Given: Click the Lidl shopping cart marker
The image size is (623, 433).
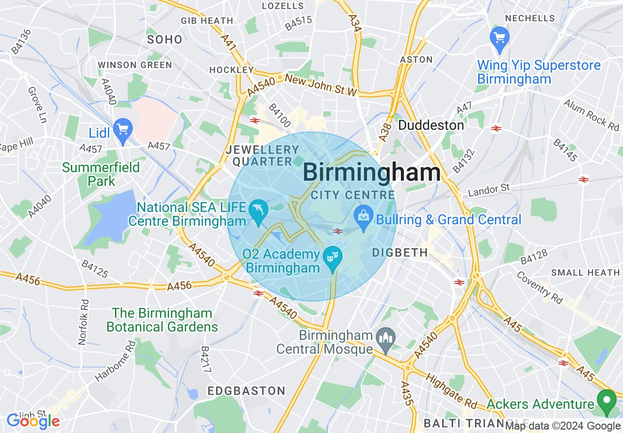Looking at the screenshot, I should pyautogui.click(x=122, y=129).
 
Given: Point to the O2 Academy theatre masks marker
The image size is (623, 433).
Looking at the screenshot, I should pyautogui.click(x=333, y=257).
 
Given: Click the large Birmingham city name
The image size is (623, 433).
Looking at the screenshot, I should pyautogui.click(x=371, y=173).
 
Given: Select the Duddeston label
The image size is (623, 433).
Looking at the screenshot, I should pyautogui.click(x=431, y=125).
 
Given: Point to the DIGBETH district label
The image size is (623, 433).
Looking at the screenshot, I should pyautogui.click(x=400, y=252).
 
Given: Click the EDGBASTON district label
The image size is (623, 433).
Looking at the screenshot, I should pyautogui.click(x=246, y=391).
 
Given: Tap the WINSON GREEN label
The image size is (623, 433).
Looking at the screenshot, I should pyautogui.click(x=135, y=65).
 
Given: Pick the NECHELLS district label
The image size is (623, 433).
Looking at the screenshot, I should pyautogui.click(x=530, y=18).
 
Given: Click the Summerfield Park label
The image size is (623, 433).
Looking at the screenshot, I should pyautogui.click(x=101, y=174).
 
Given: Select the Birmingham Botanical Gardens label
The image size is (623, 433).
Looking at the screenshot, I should pyautogui.click(x=162, y=320).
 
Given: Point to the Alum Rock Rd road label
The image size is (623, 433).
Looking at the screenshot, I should pyautogui.click(x=591, y=115).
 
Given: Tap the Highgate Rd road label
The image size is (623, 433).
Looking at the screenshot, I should pyautogui.click(x=451, y=392).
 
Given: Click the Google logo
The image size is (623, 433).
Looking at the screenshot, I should pyautogui.click(x=33, y=421).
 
